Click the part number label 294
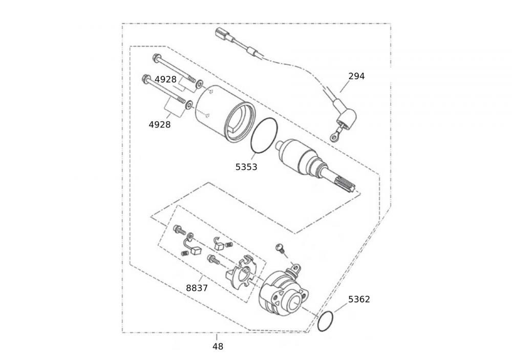click(x=356, y=76)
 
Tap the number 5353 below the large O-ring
click(x=246, y=167)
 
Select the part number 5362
click(x=359, y=300)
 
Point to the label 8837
click(x=197, y=288)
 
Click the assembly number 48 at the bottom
click(x=218, y=347)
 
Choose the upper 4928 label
click(x=165, y=80)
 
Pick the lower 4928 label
click(x=160, y=125)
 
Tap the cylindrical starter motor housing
click(x=225, y=114)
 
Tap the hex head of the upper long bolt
click(x=156, y=58)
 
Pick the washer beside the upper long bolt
click(x=199, y=85)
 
